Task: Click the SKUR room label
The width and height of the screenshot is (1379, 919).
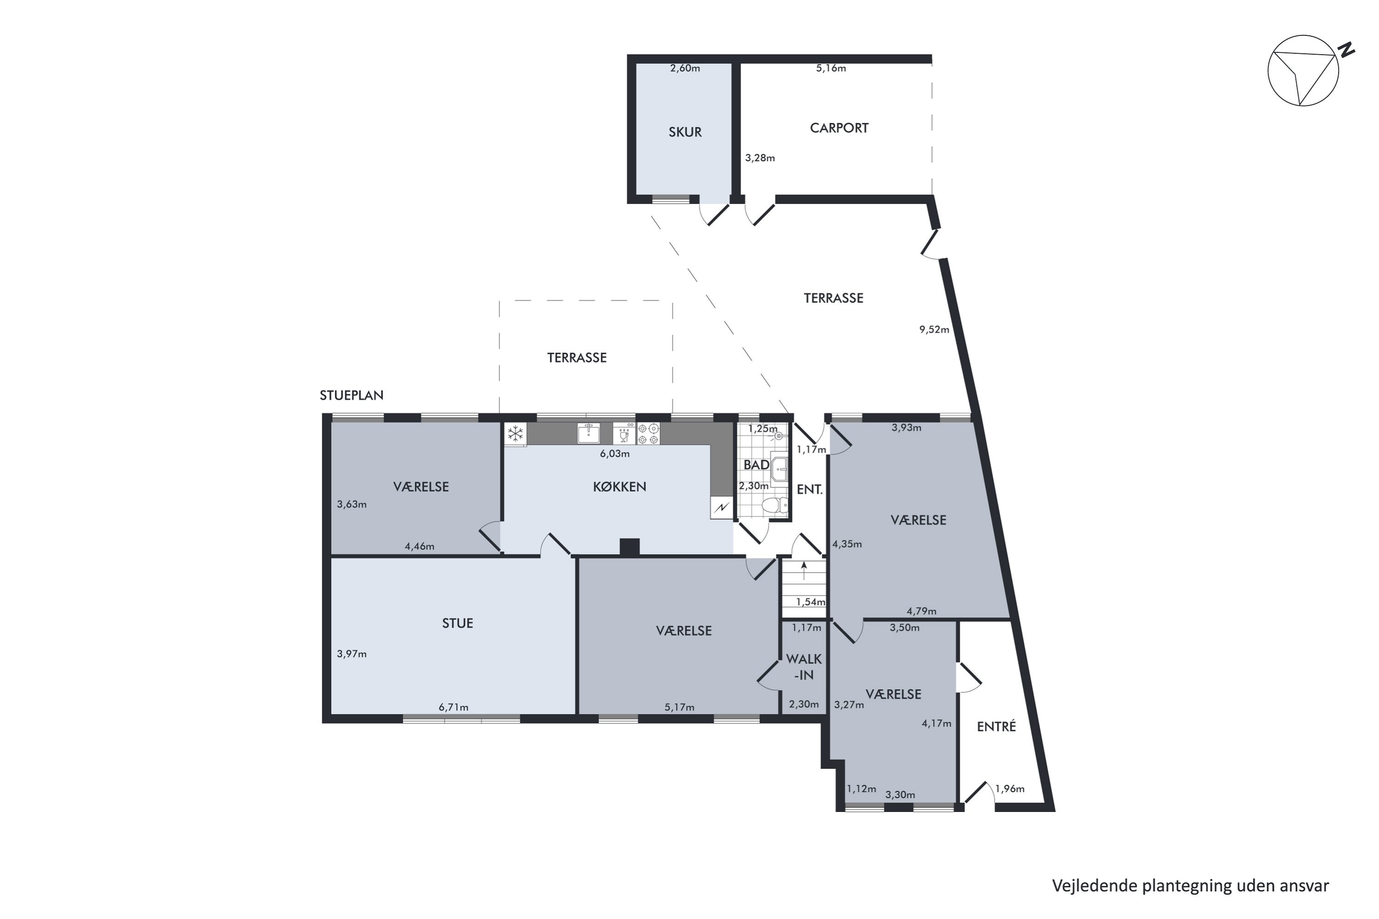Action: click(x=685, y=132)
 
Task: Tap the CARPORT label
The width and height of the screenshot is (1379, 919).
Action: click(x=839, y=128)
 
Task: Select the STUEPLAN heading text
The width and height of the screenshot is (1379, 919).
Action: click(x=351, y=395)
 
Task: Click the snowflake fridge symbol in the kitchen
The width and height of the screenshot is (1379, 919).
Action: click(x=515, y=434)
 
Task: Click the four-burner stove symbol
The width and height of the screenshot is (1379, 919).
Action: click(x=649, y=434)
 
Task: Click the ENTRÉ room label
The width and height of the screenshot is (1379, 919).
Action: click(x=996, y=727)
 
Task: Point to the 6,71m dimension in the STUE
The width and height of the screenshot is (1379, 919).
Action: click(x=453, y=708)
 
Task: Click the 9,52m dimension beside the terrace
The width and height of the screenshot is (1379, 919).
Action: click(x=934, y=329)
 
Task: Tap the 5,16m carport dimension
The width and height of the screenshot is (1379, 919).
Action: click(x=831, y=68)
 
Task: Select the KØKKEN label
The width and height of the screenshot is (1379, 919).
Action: click(x=619, y=487)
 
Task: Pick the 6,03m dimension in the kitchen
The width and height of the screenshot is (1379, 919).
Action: click(x=615, y=454)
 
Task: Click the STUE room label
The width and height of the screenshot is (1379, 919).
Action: click(x=457, y=623)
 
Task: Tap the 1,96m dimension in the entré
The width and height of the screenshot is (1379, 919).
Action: click(x=1009, y=789)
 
